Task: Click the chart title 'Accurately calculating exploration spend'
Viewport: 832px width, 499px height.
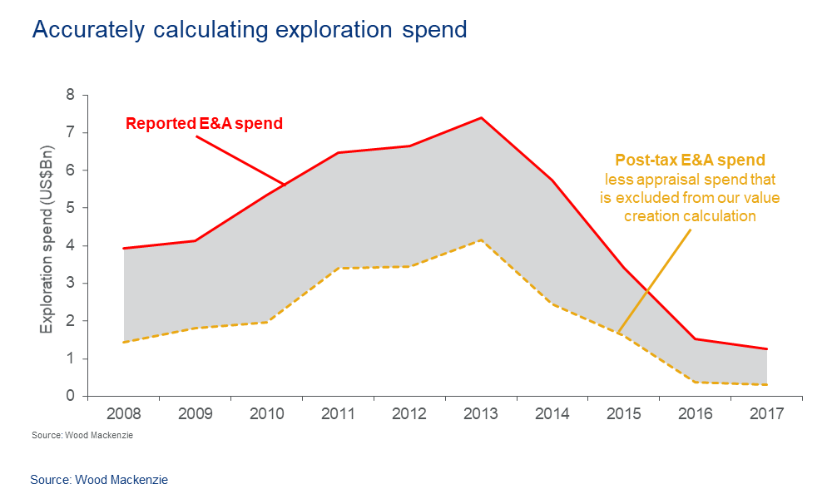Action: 249,30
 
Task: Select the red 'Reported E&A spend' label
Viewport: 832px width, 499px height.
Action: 204,124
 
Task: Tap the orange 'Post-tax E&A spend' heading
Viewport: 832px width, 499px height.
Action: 690,160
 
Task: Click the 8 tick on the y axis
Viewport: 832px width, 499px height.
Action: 71,95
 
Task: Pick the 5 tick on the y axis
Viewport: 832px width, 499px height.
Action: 71,208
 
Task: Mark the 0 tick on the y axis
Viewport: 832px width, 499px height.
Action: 71,396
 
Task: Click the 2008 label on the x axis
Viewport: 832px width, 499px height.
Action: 123,414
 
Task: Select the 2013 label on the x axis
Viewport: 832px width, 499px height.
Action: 481,414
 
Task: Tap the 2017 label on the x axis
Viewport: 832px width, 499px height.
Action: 767,414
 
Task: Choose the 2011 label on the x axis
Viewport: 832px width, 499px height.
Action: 338,414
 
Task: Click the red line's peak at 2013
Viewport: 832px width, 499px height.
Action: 481,117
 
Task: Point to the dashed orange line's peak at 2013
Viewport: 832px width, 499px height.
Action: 481,240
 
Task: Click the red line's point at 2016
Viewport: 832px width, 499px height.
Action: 696,338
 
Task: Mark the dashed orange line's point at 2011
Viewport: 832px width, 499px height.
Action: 338,268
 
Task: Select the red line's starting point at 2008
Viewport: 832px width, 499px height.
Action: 123,248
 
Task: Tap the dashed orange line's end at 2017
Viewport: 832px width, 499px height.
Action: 767,384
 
